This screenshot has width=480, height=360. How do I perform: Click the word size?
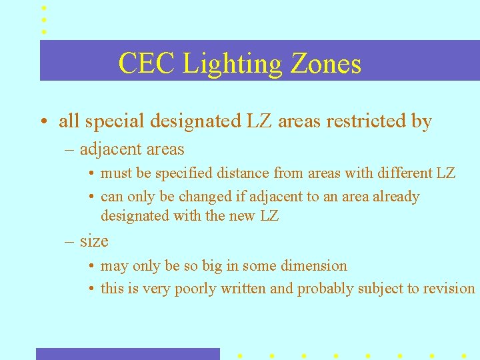pyautogui.click(x=94, y=241)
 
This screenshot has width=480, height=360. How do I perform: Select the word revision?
pyautogui.click(x=450, y=289)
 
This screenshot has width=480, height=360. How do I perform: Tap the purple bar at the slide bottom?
pyautogui.click(x=127, y=353)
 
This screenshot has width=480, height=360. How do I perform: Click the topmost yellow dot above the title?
pyautogui.click(x=44, y=8)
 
